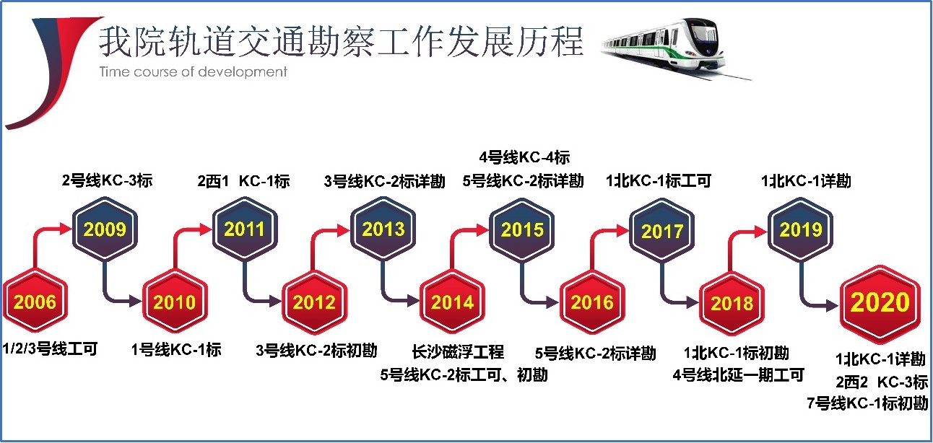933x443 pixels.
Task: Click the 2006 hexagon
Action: [x=35, y=301]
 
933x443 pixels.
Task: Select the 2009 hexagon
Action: [x=105, y=229]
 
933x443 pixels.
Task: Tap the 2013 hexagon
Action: [x=383, y=229]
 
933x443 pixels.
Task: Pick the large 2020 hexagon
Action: [x=880, y=304]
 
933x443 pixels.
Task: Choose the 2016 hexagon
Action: [x=592, y=302]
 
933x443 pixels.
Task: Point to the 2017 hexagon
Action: [x=662, y=230]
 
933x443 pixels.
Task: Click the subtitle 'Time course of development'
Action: [x=194, y=72]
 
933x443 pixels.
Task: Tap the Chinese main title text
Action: [x=341, y=41]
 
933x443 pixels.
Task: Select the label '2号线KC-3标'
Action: [x=108, y=180]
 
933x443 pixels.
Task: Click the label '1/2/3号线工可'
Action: [x=50, y=348]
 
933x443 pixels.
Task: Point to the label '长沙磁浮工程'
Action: [x=458, y=351]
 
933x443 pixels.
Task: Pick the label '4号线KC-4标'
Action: [x=524, y=157]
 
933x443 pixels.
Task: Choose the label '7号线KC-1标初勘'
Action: [x=867, y=403]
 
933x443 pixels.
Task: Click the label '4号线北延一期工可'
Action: [x=738, y=374]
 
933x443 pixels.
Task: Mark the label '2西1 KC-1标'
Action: [x=243, y=181]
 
